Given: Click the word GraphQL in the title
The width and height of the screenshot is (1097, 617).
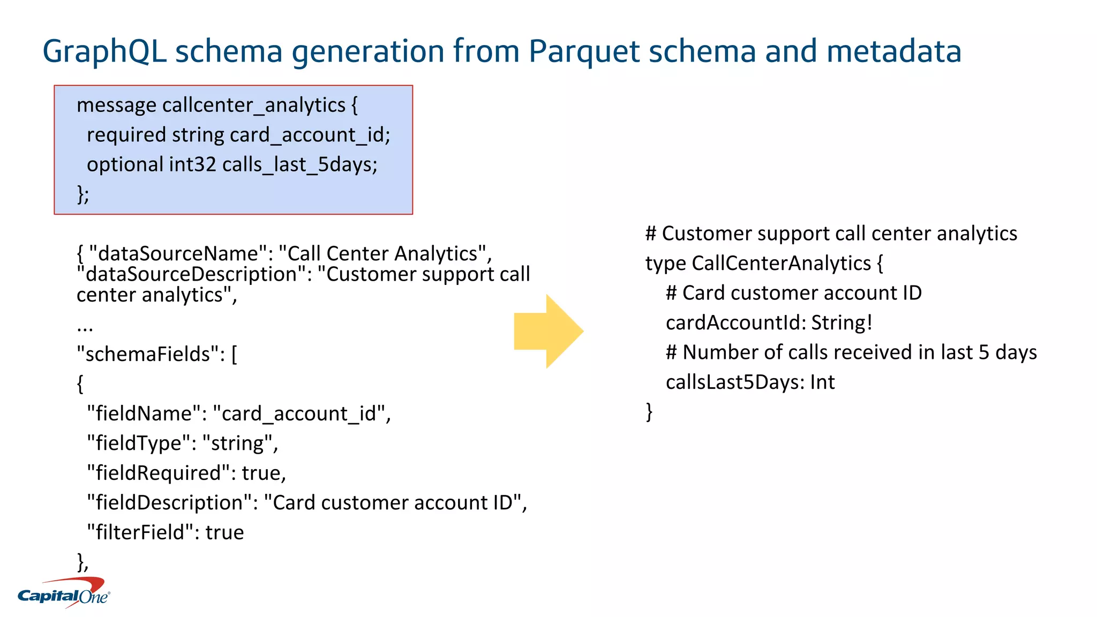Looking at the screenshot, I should click(104, 51).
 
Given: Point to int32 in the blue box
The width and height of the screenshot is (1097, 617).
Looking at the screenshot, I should click(192, 164).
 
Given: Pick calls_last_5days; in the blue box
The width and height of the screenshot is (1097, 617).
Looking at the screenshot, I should click(300, 164).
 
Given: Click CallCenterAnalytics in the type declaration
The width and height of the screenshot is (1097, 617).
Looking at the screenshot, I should click(781, 264).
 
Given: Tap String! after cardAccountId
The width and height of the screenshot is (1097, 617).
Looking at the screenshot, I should click(841, 323).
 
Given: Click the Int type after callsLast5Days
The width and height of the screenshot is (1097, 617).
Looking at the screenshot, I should click(822, 382).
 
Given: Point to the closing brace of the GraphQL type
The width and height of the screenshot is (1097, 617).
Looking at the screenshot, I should click(649, 412).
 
